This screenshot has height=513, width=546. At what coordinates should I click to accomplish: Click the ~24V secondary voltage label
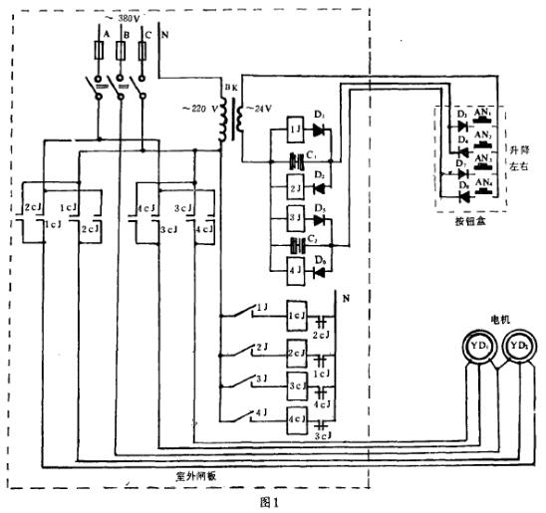[x=261, y=111]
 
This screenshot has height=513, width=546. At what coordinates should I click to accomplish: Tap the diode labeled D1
[x=320, y=131]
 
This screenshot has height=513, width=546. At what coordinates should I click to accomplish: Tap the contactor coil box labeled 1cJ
[x=297, y=313]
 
